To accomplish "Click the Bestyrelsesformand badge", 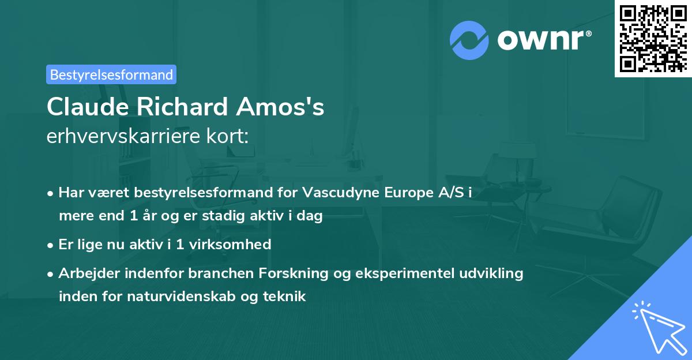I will tap(111, 74).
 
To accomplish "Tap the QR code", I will tap(653, 38).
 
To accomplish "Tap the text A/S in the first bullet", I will tap(450, 193).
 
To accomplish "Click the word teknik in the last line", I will tap(287, 297).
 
